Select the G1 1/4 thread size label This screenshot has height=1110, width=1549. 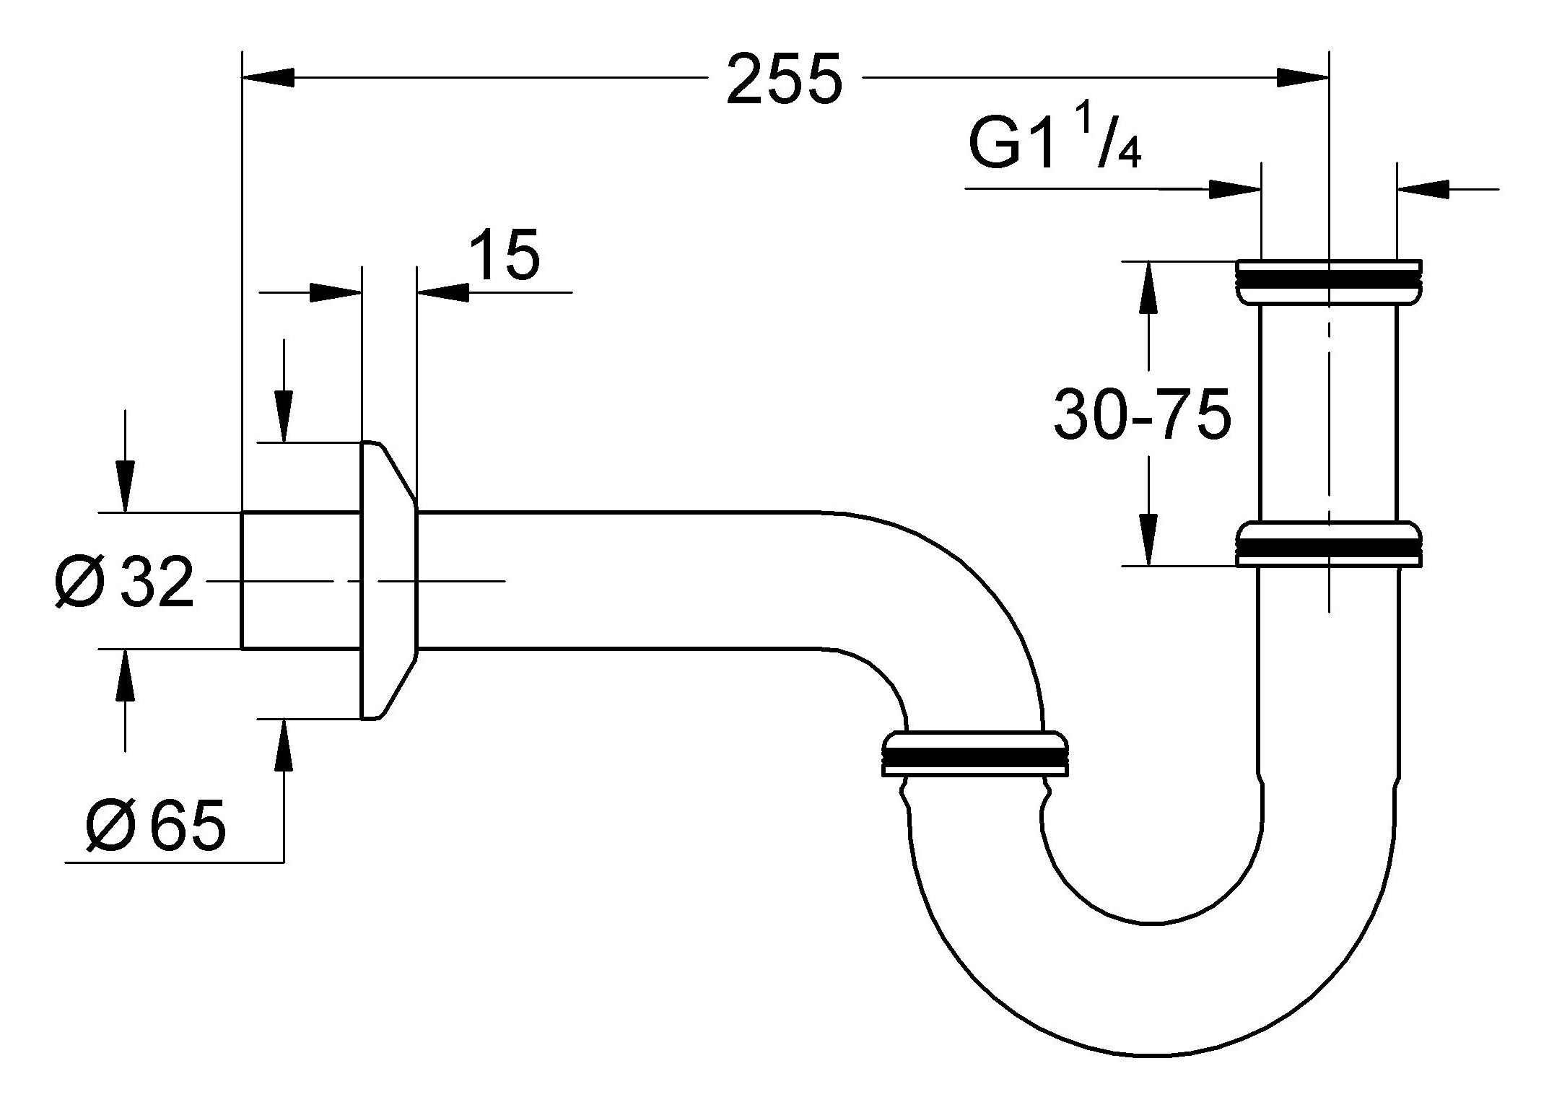[1054, 144]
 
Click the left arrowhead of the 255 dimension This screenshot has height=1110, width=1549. [268, 77]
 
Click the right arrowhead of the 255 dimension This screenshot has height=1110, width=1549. [1302, 77]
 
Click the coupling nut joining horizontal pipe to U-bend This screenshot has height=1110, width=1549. [974, 755]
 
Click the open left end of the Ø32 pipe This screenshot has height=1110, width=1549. [243, 580]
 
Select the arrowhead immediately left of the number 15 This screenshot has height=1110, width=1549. [442, 292]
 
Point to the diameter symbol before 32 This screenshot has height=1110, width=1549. [79, 582]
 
